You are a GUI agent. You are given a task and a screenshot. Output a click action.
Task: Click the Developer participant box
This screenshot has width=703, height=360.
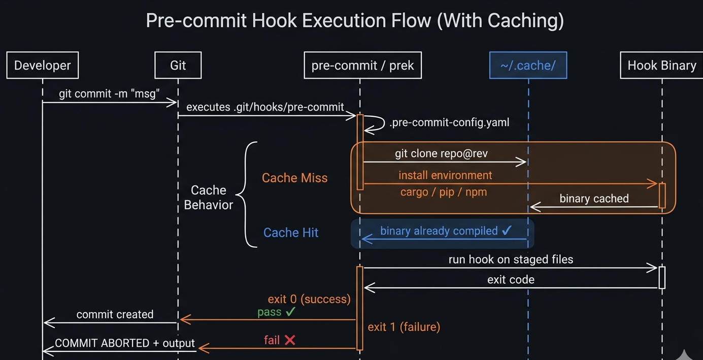point(43,65)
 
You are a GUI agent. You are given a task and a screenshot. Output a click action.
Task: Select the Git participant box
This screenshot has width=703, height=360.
point(178,65)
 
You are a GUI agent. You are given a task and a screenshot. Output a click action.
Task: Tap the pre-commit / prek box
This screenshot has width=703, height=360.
point(362,65)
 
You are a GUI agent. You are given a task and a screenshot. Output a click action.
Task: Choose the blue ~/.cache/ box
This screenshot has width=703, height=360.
point(528,65)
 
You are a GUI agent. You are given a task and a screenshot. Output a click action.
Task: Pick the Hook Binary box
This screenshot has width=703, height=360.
point(661,65)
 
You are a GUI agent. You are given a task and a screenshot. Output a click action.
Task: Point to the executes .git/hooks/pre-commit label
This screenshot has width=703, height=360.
point(265,107)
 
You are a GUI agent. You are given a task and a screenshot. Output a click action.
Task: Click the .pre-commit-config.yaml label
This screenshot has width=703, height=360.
point(449,122)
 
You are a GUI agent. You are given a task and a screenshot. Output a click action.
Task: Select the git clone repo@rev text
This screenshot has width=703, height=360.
point(441,153)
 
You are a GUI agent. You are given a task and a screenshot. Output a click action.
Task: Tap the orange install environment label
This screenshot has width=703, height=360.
point(445,175)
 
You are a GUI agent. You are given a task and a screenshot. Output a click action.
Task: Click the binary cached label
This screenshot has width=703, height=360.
point(594,199)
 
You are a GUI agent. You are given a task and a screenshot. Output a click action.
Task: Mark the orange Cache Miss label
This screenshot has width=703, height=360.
point(294,178)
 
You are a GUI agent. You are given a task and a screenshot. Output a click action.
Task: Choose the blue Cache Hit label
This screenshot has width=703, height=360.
point(291,233)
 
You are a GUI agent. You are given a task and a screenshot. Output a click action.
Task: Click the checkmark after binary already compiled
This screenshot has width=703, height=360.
point(507,231)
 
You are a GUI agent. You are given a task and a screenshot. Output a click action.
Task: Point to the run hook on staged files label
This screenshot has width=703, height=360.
point(511,259)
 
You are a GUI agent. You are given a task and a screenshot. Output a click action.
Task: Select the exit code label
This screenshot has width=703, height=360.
point(511,279)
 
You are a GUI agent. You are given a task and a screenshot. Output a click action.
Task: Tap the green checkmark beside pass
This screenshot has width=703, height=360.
point(290,312)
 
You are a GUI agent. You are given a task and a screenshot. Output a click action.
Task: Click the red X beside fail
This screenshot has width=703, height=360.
point(290,340)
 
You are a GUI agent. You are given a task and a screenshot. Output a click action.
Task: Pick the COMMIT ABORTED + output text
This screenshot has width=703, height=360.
point(125,343)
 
